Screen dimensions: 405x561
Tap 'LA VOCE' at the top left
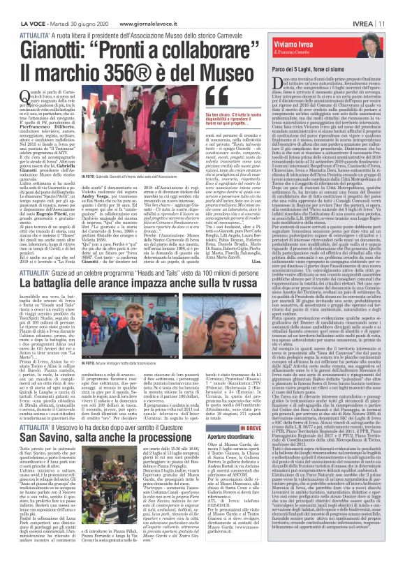17,6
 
